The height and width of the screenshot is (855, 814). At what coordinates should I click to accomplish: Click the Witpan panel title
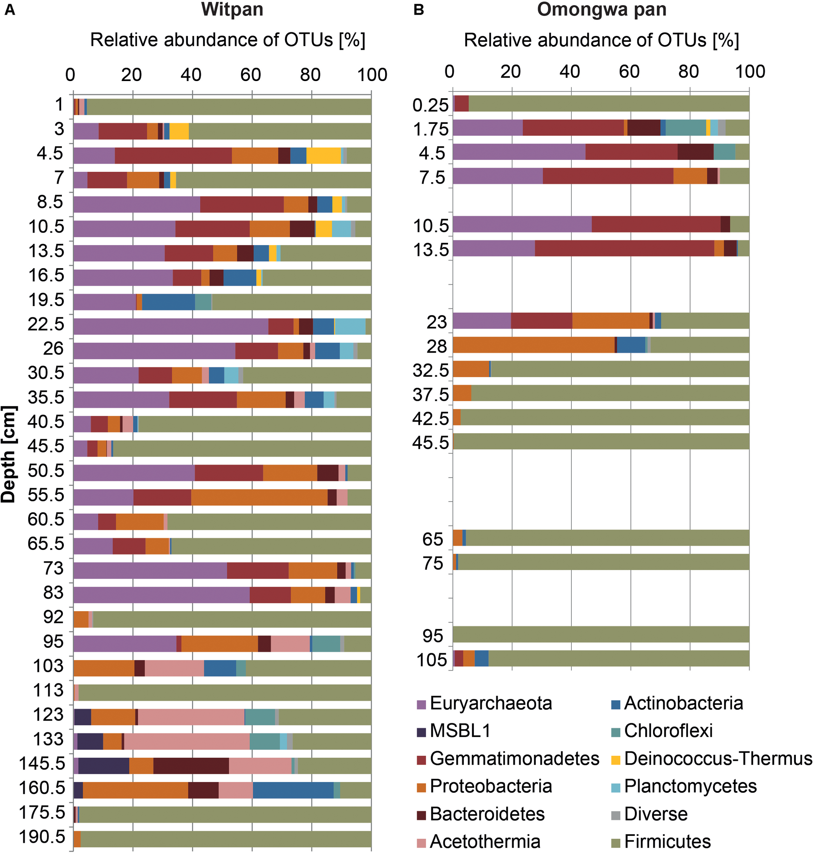click(x=232, y=10)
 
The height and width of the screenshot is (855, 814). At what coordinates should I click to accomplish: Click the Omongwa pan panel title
click(x=601, y=10)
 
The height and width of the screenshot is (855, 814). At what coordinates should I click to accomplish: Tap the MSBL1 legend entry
click(x=460, y=731)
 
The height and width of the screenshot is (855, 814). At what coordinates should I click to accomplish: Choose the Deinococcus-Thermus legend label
click(x=718, y=759)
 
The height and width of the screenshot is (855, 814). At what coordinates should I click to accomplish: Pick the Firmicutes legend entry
click(x=667, y=842)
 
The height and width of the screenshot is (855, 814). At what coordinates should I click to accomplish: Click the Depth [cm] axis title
click(x=9, y=454)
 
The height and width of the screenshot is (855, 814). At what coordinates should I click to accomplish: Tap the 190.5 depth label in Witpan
click(x=42, y=836)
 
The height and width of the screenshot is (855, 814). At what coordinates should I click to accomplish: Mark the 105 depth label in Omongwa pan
click(x=432, y=660)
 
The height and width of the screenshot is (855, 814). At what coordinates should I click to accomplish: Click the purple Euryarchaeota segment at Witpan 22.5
click(x=171, y=326)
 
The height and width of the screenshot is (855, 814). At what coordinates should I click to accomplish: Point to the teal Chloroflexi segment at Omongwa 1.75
click(x=686, y=128)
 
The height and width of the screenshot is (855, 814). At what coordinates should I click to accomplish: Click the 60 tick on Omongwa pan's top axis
click(x=629, y=71)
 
